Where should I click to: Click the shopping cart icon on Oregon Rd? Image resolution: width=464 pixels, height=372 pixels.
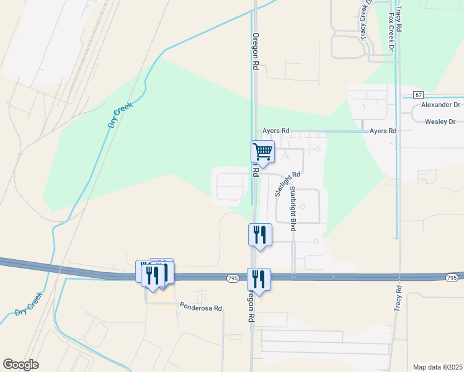coord(262,151)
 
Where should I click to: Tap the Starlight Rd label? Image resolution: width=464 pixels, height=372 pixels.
coord(287,184)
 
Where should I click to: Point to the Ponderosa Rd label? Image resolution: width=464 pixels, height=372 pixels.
coord(201,306)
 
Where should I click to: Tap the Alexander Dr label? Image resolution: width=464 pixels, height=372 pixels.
coord(440,105)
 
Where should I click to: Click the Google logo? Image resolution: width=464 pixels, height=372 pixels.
coord(20,365)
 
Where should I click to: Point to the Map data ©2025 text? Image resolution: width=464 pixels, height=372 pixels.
coord(437,366)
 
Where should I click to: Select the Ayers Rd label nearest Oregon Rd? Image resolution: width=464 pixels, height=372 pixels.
coord(276,131)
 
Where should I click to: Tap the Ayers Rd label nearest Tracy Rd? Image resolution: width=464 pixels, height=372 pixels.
coord(383,131)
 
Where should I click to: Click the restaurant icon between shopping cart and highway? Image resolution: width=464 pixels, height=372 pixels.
coord(260,234)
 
